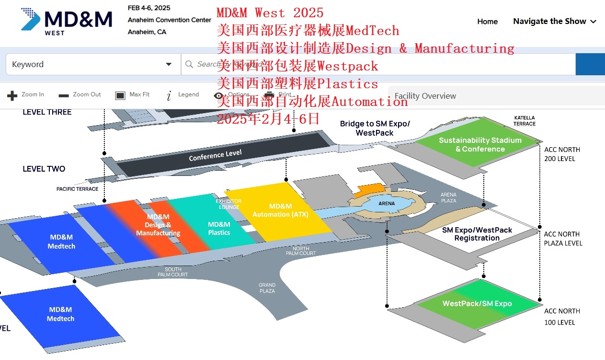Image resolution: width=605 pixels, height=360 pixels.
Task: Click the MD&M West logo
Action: (x=66, y=22)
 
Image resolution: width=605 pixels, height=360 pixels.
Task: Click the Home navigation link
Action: (x=487, y=22)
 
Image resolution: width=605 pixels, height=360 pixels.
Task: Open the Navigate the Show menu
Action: (x=554, y=22)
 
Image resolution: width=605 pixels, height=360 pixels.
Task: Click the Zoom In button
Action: (x=26, y=95)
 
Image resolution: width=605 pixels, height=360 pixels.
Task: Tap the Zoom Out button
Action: (x=80, y=95)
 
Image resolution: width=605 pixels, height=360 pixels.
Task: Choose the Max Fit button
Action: (x=133, y=95)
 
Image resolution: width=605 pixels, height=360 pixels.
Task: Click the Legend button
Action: (x=183, y=95)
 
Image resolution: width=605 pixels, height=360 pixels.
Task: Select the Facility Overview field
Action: (x=493, y=96)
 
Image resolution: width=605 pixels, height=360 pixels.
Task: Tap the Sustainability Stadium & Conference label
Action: (x=480, y=144)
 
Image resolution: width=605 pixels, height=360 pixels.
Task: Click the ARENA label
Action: (x=387, y=203)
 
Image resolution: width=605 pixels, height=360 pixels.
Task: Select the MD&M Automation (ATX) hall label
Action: (x=280, y=210)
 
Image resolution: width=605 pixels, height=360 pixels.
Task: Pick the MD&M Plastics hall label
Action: (x=219, y=229)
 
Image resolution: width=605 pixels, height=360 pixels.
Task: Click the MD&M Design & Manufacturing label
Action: (x=158, y=225)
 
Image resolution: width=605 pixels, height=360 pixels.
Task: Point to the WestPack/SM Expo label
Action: (x=477, y=303)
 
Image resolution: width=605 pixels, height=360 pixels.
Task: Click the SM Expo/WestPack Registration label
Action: (x=477, y=234)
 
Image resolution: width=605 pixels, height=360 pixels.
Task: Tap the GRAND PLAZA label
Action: (x=267, y=288)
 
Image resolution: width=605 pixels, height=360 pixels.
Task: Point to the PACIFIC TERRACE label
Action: (x=77, y=189)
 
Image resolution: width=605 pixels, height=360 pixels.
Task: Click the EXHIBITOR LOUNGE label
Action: (x=228, y=204)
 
